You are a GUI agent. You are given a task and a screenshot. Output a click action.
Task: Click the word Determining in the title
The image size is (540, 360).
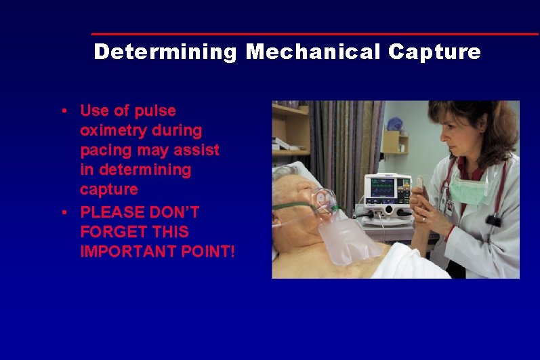tap(165, 52)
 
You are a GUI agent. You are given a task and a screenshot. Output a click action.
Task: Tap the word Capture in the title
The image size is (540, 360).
tap(435, 52)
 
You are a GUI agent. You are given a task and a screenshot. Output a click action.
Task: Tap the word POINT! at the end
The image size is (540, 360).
tap(212, 252)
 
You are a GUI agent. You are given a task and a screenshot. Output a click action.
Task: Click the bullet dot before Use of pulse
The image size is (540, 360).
tap(62, 111)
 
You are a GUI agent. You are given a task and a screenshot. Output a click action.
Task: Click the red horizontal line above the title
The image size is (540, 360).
tap(315, 34)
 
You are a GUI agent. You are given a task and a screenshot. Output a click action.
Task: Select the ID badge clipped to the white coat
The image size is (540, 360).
tap(449, 206)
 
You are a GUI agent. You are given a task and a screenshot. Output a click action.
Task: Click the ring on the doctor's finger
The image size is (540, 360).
tap(423, 218)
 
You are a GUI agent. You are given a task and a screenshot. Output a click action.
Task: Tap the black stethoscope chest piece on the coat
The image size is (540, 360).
tap(494, 220)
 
